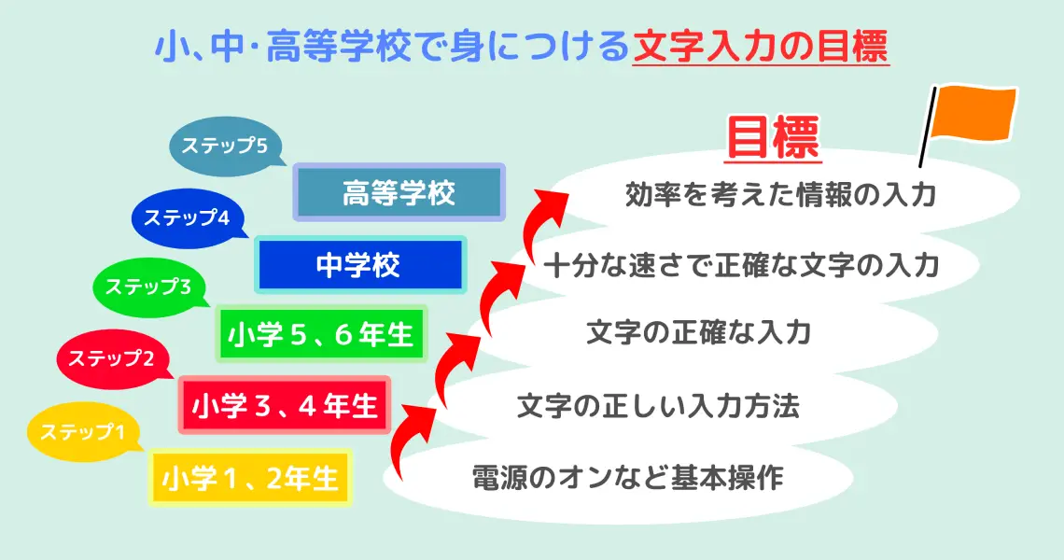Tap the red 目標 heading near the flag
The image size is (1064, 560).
click(772, 139)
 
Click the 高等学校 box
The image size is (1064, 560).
click(399, 193)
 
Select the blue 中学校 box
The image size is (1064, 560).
click(359, 265)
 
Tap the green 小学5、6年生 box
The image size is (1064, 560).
click(321, 334)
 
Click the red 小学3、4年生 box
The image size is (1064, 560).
click(284, 406)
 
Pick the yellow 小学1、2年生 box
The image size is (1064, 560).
click(249, 478)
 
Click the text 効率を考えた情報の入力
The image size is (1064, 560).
click(779, 195)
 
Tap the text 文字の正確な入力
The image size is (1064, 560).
click(697, 333)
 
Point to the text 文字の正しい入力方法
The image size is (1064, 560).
click(658, 407)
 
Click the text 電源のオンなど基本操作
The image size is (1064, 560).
click(626, 478)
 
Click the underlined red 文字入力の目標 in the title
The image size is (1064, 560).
click(760, 47)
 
